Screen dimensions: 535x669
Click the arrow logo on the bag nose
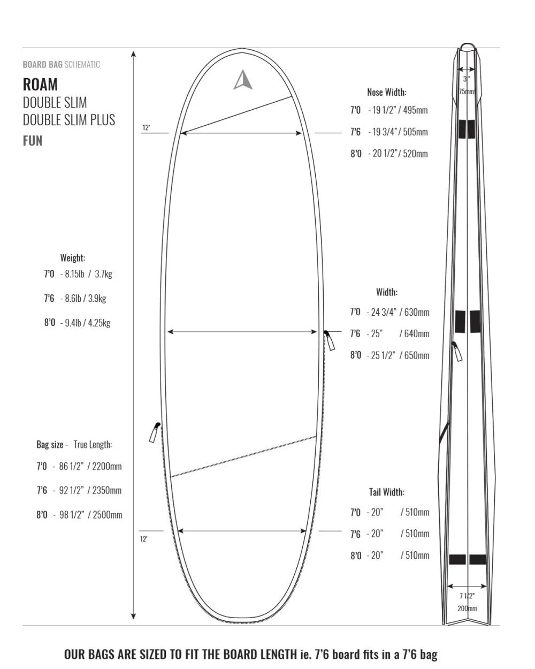click(x=243, y=80)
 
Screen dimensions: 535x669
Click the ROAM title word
click(x=41, y=85)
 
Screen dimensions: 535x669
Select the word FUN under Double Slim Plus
click(x=33, y=141)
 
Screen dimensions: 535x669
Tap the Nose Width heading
click(x=386, y=92)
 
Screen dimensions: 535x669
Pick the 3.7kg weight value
click(x=103, y=274)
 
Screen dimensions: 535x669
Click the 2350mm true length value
click(x=106, y=491)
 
